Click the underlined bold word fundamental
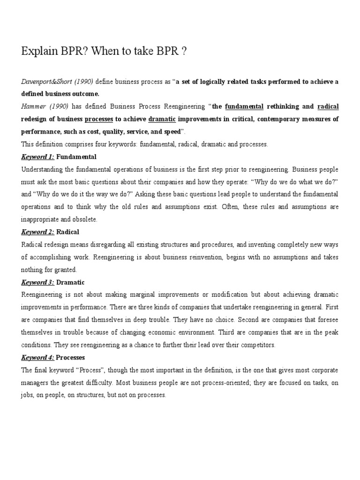[244, 106]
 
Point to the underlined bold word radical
[328, 106]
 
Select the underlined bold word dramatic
[162, 119]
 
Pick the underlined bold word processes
[99, 119]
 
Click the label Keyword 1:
[38, 157]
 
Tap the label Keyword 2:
[38, 232]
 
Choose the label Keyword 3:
[38, 282]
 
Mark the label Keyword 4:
[38, 358]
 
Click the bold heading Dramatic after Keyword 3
[70, 282]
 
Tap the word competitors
[259, 345]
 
